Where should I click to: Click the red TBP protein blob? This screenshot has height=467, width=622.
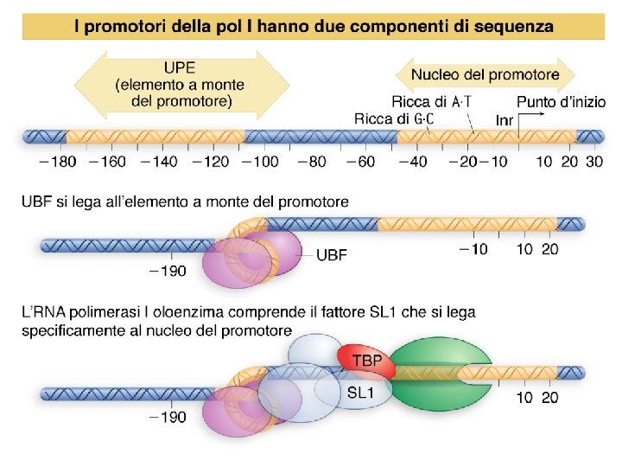tap(366, 362)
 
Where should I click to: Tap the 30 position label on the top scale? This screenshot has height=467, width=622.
tap(593, 162)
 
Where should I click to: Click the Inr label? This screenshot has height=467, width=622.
tap(505, 119)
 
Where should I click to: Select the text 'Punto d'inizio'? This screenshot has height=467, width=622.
tap(561, 102)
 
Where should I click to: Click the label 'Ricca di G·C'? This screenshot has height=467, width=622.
tap(394, 118)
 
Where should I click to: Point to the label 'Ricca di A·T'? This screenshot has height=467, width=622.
tap(431, 102)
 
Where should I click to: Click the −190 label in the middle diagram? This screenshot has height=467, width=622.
tap(166, 272)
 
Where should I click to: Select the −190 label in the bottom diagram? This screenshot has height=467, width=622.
tap(166, 418)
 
